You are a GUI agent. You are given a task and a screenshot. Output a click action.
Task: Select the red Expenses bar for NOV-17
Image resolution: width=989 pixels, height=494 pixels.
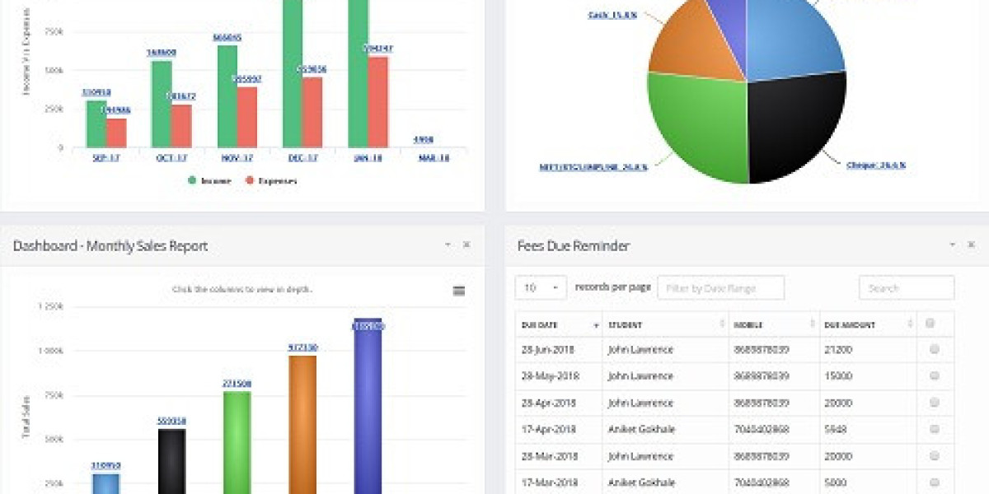pyautogui.click(x=247, y=117)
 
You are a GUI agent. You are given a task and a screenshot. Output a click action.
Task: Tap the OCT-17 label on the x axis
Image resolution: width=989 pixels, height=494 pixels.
pyautogui.click(x=171, y=157)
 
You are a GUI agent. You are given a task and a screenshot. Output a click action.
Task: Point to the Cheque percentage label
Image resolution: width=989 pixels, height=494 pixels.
pyautogui.click(x=875, y=165)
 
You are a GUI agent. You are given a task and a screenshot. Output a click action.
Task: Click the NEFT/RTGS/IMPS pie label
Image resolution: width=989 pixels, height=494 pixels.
pyautogui.click(x=593, y=166)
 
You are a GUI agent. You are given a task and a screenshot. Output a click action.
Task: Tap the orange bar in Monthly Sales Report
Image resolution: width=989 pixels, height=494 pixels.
pyautogui.click(x=302, y=424)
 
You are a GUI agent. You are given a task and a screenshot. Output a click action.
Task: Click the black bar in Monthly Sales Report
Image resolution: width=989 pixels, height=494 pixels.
pyautogui.click(x=171, y=461)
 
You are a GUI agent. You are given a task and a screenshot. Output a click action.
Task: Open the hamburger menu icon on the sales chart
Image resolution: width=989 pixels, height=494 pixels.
pyautogui.click(x=459, y=291)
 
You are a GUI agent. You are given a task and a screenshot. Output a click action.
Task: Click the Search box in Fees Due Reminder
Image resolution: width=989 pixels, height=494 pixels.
pyautogui.click(x=906, y=288)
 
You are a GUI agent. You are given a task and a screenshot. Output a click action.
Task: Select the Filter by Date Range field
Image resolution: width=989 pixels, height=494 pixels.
pyautogui.click(x=720, y=288)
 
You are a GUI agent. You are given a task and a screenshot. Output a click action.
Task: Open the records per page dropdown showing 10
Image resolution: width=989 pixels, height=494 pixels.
pyautogui.click(x=541, y=288)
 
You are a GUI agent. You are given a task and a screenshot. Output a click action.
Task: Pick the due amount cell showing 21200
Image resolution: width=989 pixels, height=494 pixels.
pyautogui.click(x=839, y=350)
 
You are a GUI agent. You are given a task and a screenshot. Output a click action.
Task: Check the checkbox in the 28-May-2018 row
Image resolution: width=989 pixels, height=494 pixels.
pyautogui.click(x=934, y=375)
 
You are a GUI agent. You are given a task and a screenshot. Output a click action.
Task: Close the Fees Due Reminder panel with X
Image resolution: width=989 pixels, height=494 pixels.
pyautogui.click(x=971, y=245)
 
